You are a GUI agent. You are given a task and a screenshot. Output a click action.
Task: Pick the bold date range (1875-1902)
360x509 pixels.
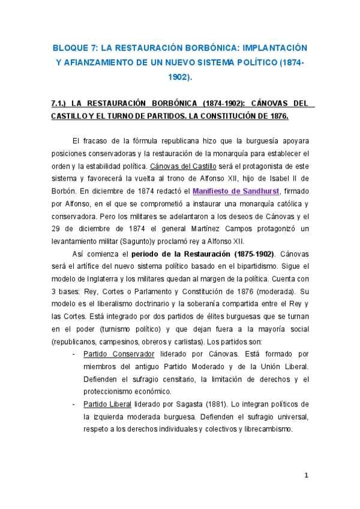pyautogui.click(x=237, y=254)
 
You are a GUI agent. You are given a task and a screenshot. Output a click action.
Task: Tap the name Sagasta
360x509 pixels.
pyautogui.click(x=192, y=404)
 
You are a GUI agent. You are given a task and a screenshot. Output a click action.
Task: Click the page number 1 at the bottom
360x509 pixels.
pyautogui.click(x=306, y=476)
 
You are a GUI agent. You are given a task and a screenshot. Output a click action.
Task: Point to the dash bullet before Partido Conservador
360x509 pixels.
pyautogui.click(x=74, y=354)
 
